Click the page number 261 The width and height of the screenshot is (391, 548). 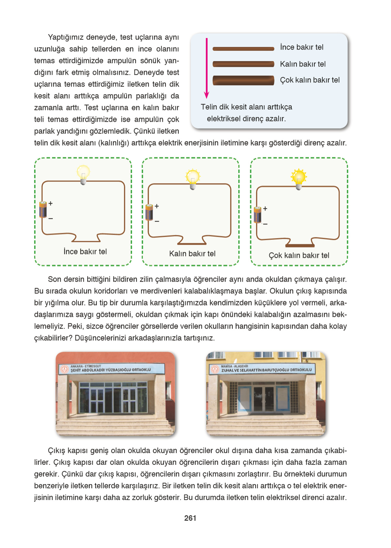click(190, 518)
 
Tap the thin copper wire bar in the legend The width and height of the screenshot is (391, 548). click(243, 49)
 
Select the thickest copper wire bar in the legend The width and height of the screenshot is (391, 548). click(243, 80)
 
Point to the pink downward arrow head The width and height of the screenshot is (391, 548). click(207, 95)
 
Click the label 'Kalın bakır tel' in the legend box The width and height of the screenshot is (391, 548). click(302, 64)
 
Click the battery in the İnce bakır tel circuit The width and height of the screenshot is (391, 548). click(43, 209)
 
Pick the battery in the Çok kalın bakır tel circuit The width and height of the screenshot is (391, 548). click(258, 215)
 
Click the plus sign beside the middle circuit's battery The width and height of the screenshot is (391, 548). click(157, 206)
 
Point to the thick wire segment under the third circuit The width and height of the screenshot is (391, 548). click(300, 246)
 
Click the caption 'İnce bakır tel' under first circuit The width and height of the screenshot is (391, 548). click(85, 252)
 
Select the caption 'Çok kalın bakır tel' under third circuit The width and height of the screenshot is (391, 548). click(299, 255)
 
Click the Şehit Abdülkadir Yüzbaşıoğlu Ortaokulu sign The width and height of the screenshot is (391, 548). click(110, 369)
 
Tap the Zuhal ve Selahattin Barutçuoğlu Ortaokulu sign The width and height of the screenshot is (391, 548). click(265, 369)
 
